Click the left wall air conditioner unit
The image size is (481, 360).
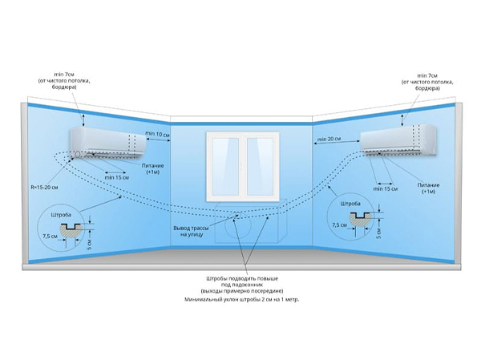click(108, 143)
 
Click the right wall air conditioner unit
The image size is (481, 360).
click(398, 140)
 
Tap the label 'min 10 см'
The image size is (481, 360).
click(157, 134)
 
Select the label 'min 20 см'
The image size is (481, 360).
click(329, 139)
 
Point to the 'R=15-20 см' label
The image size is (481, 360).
click(44, 187)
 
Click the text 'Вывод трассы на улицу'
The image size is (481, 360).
click(191, 232)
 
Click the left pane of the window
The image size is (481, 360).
click(225, 166)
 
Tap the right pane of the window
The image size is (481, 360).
click(260, 166)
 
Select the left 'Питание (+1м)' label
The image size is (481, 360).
click(153, 168)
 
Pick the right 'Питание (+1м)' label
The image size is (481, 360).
click(429, 188)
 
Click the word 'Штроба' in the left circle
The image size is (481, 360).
click(61, 215)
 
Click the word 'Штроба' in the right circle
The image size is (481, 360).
click(350, 204)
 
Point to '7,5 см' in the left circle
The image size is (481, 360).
click(50, 237)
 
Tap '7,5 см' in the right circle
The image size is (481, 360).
click(339, 225)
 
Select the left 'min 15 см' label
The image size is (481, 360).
click(117, 177)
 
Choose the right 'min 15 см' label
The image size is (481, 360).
click(386, 188)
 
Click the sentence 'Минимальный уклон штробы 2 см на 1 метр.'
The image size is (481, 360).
click(242, 300)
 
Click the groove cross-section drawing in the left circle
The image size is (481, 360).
click(71, 230)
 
